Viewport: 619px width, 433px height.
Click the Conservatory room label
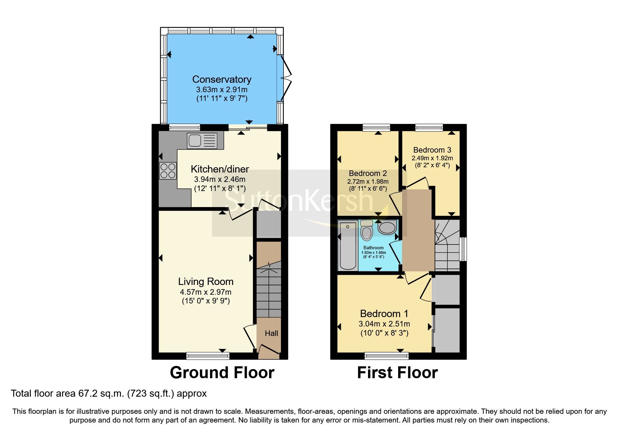point(222,80)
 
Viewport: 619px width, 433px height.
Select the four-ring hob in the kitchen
point(168,171)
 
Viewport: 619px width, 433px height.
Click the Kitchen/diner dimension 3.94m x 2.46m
point(219,179)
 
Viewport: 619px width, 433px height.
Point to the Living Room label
point(206,281)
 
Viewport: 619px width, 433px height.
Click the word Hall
point(271,333)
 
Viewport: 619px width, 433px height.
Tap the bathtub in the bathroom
point(348,246)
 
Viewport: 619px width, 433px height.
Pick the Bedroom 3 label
point(432,150)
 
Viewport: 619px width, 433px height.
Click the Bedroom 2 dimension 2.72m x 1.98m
point(368,182)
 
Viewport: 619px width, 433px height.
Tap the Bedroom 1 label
point(384,314)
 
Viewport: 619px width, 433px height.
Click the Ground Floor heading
point(222,373)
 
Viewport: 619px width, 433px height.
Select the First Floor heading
point(397,373)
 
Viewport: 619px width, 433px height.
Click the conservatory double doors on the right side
point(286,79)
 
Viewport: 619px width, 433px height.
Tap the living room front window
point(208,356)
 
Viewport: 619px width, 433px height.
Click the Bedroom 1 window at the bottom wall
point(386,356)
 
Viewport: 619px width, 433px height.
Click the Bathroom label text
point(373,248)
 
